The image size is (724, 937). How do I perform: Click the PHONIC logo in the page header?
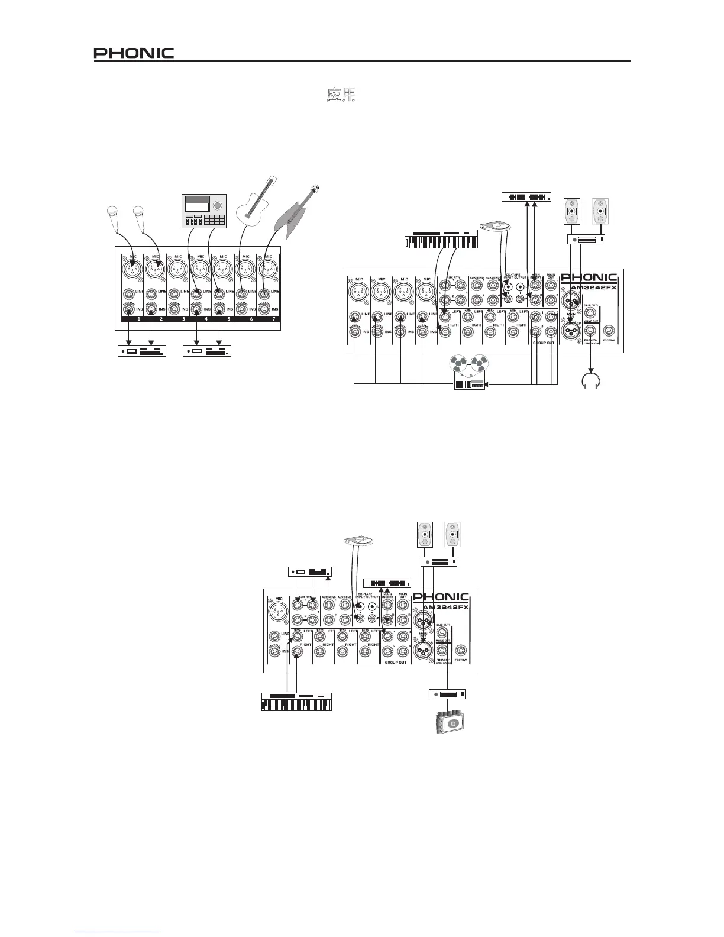(x=134, y=53)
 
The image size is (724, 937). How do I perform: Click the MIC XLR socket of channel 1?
(x=131, y=270)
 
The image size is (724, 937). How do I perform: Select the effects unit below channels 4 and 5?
(x=207, y=351)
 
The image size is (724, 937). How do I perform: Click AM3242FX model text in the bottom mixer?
(x=444, y=607)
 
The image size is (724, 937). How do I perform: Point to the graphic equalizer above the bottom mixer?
(x=387, y=583)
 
